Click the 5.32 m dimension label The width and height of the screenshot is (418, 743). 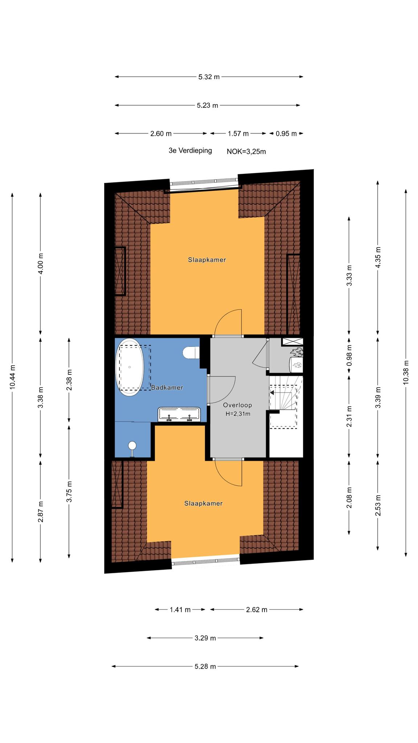tap(209, 77)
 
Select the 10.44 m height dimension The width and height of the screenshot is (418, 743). tap(12, 377)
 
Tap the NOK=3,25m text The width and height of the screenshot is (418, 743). tap(246, 152)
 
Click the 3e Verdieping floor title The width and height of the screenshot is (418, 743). tap(190, 151)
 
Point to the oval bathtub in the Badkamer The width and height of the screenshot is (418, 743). tap(130, 367)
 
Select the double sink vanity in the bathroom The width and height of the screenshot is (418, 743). tap(179, 415)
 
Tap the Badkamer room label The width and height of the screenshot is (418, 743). tap(167, 387)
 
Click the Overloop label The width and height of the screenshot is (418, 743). tap(237, 405)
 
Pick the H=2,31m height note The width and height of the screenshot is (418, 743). tap(238, 414)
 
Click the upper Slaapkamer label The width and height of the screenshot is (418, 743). tap(207, 260)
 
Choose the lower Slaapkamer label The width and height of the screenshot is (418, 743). tap(203, 504)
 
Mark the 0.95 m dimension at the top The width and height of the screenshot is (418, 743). tap(286, 134)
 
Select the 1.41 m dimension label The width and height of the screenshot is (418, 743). tap(180, 610)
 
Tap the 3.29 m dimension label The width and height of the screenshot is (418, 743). tap(205, 638)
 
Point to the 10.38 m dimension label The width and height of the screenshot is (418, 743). tap(406, 372)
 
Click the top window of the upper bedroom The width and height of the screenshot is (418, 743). tap(204, 185)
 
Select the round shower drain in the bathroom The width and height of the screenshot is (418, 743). tap(132, 445)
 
